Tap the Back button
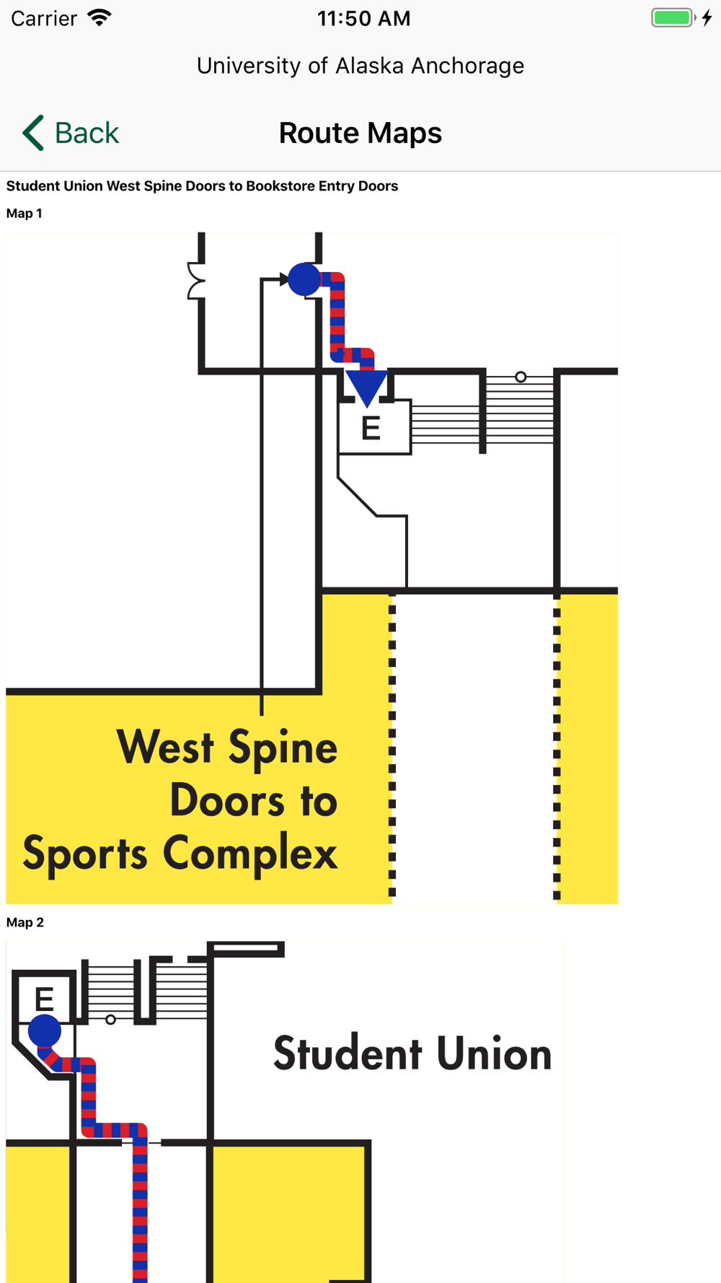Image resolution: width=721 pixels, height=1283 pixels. (x=71, y=133)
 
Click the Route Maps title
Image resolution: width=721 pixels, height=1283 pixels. (x=360, y=133)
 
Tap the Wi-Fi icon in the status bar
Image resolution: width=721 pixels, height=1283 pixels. (x=99, y=18)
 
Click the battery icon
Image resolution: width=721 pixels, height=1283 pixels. (x=673, y=18)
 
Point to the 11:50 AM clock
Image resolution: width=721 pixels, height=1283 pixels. (x=363, y=19)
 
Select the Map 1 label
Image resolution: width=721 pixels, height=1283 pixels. (x=25, y=214)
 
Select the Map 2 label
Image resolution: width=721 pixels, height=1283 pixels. (x=25, y=923)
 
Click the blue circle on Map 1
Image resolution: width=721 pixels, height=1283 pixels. (x=304, y=279)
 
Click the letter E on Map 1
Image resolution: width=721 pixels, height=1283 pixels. (x=371, y=429)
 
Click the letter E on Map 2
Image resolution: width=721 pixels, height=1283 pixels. (x=45, y=999)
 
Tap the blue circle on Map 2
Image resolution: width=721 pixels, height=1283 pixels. (x=45, y=1030)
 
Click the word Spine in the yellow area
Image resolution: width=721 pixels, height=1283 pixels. (x=282, y=748)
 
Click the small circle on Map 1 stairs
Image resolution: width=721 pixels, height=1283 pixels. (x=521, y=377)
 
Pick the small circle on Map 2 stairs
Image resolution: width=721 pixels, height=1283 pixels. (x=110, y=1020)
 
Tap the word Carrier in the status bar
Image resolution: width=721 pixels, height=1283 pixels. (x=44, y=19)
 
